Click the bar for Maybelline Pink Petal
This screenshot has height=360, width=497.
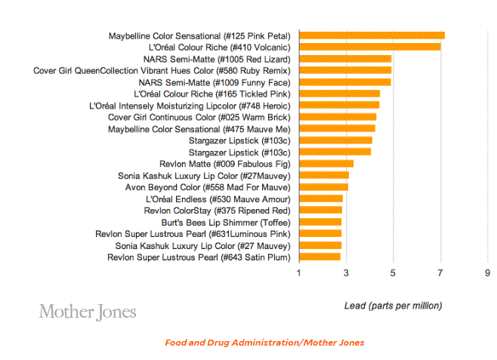372,35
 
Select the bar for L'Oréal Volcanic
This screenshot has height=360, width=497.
370,47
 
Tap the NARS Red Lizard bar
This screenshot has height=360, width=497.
345,59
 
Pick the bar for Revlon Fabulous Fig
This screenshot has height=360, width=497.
326,164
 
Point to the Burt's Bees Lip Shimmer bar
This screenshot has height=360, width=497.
320,223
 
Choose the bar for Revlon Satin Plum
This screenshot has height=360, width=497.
320,257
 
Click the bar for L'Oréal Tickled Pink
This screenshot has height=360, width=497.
340,94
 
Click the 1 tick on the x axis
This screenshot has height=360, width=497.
299,272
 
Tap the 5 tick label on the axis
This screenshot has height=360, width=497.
393,272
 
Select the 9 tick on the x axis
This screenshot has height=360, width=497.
487,272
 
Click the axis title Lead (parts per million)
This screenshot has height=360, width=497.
393,306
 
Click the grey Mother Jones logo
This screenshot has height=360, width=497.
88,311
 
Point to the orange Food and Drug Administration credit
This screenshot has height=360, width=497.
264,343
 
